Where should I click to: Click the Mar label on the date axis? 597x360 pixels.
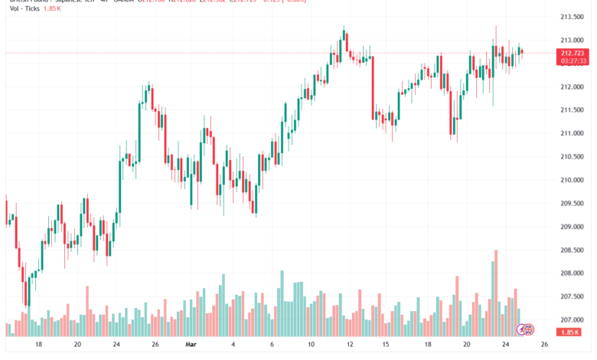[x=191, y=345]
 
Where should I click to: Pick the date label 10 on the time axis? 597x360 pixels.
[x=313, y=345]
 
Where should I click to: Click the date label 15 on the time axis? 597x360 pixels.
[x=387, y=345]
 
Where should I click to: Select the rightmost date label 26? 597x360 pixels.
[x=546, y=345]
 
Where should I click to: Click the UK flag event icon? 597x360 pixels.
[x=529, y=329]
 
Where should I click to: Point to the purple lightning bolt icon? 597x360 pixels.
[x=522, y=329]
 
